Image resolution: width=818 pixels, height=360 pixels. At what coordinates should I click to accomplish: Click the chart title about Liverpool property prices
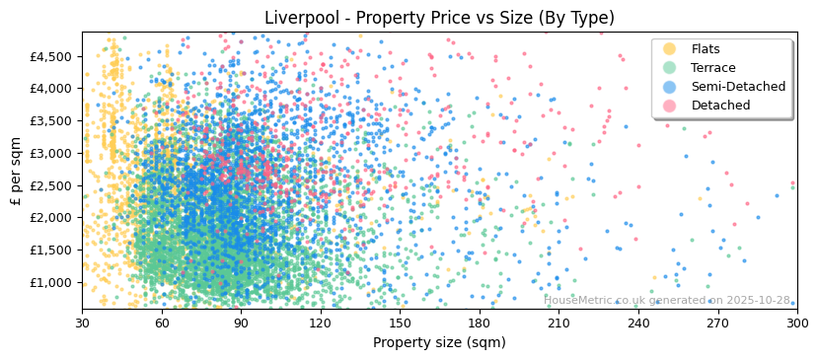click(439, 18)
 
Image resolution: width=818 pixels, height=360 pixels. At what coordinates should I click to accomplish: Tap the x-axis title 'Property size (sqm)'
click(439, 343)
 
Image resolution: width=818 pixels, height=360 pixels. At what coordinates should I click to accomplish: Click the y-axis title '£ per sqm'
click(16, 171)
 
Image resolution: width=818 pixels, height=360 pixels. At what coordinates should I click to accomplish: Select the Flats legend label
click(706, 49)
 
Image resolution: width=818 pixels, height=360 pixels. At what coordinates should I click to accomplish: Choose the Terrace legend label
click(713, 68)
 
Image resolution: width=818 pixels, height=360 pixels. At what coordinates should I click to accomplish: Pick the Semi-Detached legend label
click(738, 87)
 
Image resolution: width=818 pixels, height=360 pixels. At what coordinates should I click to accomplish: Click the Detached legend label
click(720, 106)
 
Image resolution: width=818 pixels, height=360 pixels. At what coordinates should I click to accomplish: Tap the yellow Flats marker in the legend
click(670, 49)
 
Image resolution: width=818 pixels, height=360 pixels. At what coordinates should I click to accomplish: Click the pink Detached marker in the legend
click(670, 106)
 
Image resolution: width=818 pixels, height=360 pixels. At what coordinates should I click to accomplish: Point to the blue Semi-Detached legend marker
click(670, 87)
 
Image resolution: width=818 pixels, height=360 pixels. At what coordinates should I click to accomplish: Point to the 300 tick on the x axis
click(796, 323)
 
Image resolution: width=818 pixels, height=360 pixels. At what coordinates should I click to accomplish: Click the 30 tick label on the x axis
click(82, 323)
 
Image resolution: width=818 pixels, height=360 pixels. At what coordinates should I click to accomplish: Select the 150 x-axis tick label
click(400, 323)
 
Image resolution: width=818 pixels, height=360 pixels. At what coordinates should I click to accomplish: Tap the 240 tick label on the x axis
click(638, 323)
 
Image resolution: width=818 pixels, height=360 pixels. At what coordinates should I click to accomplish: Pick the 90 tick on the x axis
click(241, 323)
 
